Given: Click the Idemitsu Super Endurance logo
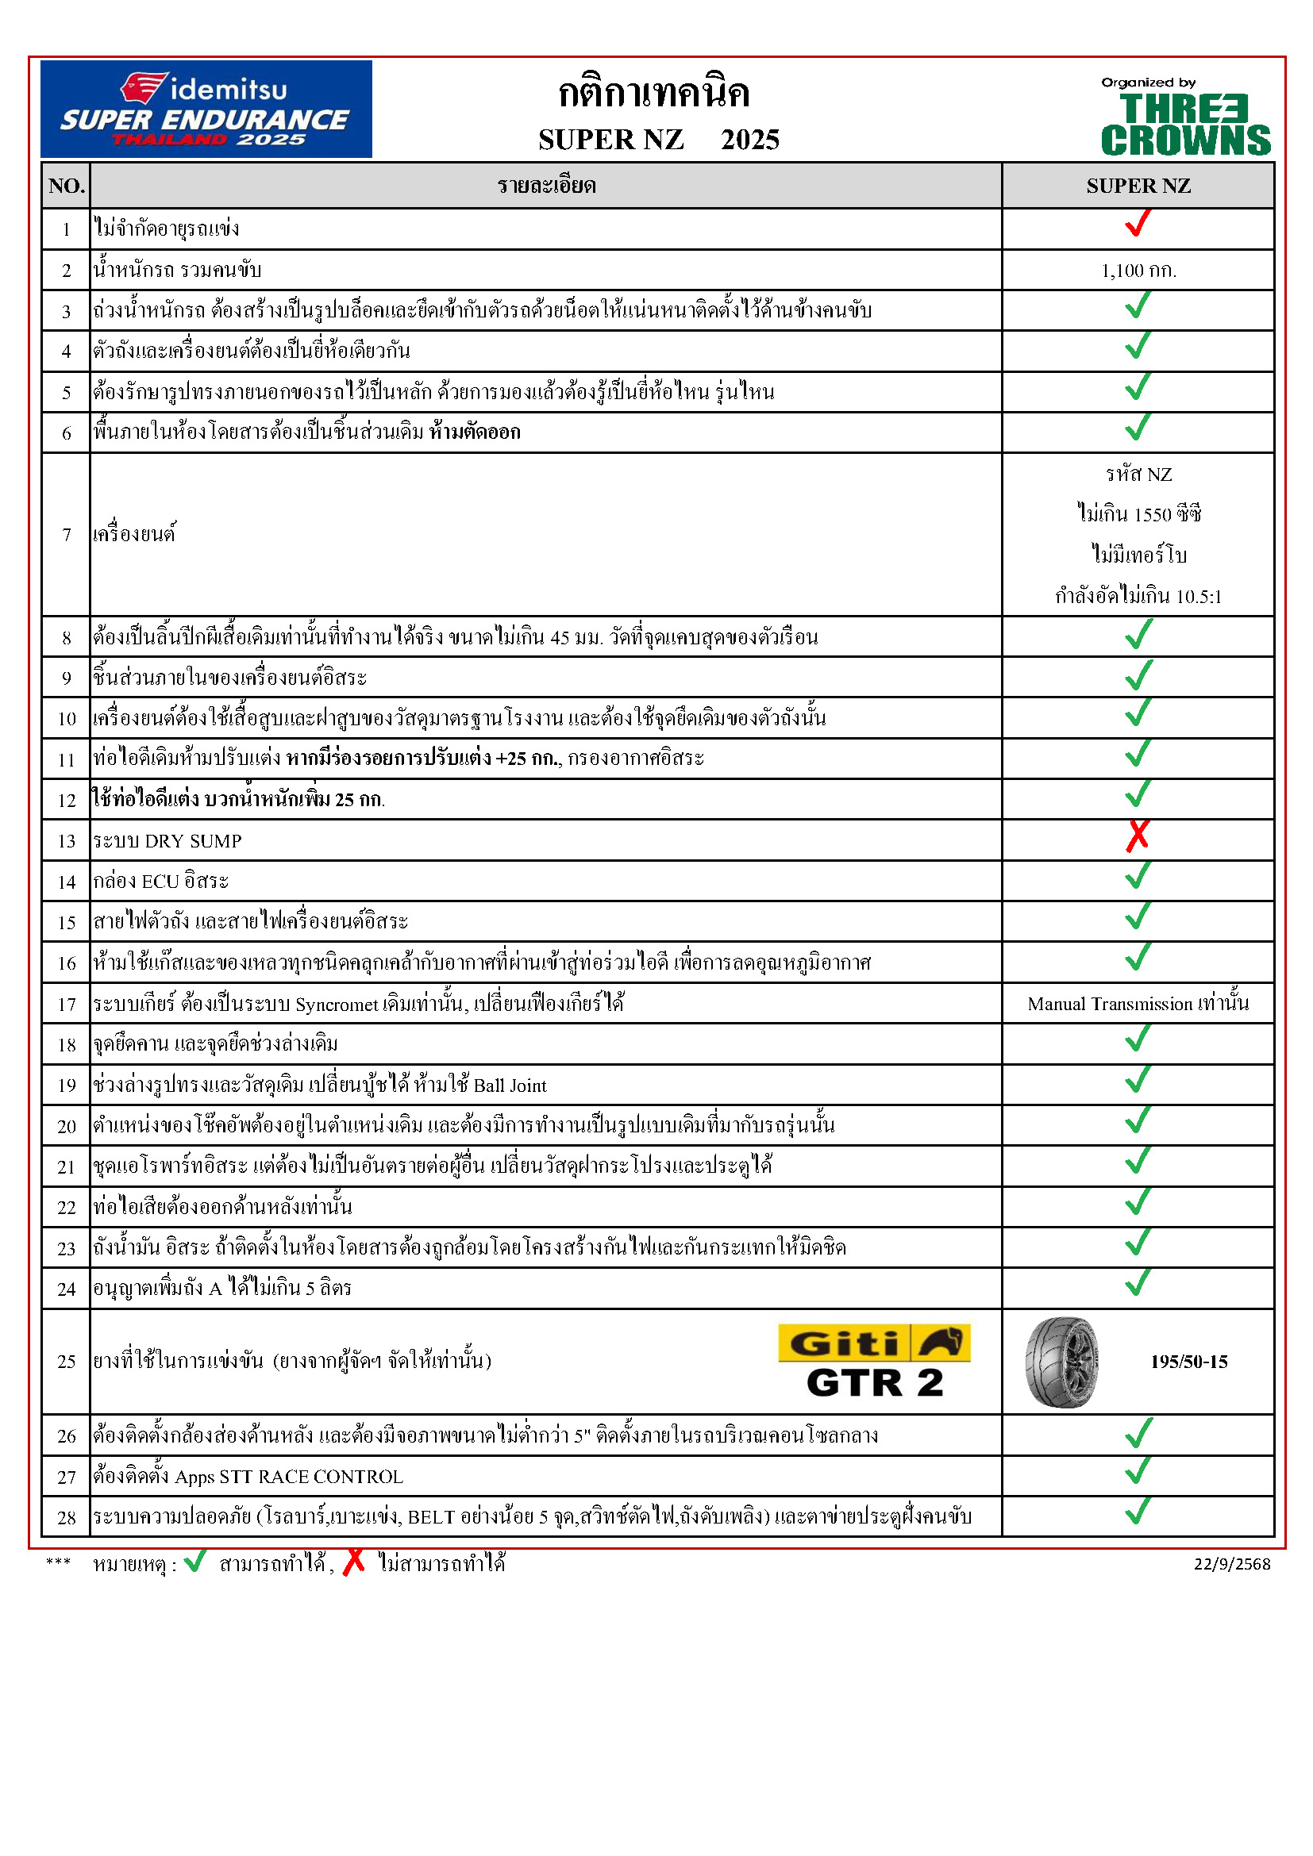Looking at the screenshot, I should [x=206, y=109].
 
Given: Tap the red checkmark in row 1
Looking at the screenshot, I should [x=1138, y=223].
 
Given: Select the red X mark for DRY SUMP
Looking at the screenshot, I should [x=1138, y=836].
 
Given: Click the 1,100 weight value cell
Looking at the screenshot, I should [x=1138, y=270].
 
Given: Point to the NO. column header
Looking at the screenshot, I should [x=67, y=186].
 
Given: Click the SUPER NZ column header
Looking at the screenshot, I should [x=1138, y=186].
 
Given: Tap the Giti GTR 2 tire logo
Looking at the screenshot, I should [x=874, y=1362].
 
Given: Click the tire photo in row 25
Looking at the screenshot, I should [x=1061, y=1362].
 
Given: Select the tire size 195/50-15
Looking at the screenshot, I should [x=1188, y=1362].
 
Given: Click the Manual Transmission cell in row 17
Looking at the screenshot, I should [x=1138, y=1004].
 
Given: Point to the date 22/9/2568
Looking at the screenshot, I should [x=1231, y=1564].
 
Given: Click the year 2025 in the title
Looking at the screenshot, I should [x=749, y=140].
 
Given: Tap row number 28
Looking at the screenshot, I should [x=67, y=1517].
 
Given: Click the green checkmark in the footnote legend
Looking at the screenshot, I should [x=194, y=1561].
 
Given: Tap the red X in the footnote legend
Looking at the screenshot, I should [x=353, y=1562].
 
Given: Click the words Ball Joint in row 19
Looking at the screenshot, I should [x=510, y=1086].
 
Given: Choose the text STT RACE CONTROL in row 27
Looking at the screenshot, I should [x=311, y=1477].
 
